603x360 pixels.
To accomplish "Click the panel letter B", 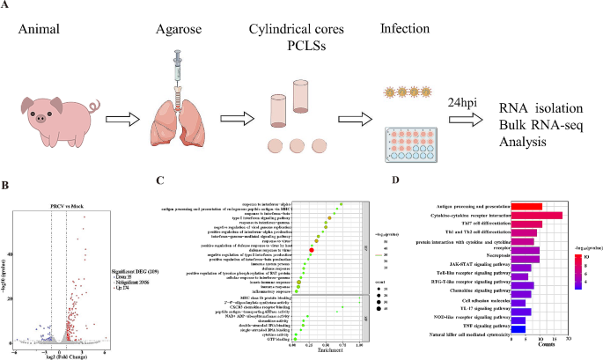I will pyautogui.click(x=6, y=185).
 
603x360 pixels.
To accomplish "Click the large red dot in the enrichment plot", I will pyautogui.click(x=312, y=250).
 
